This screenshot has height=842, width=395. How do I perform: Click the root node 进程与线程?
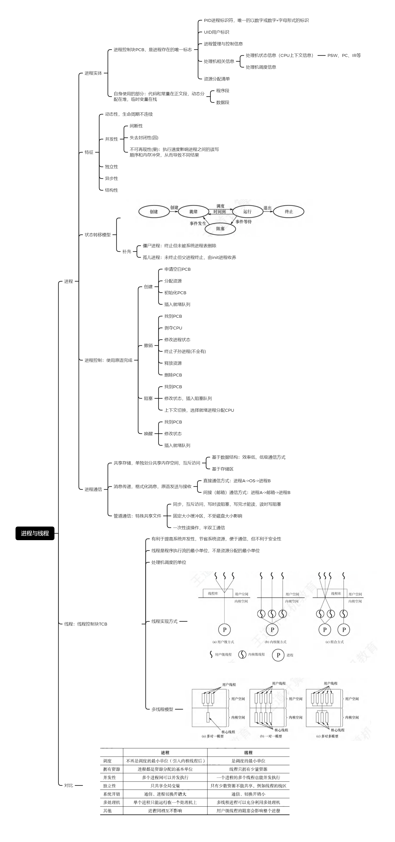(x=35, y=533)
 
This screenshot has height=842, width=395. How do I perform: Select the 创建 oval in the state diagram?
(x=154, y=212)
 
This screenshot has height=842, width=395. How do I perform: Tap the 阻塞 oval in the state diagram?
(x=220, y=228)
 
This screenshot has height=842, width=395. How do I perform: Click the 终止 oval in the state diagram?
(x=289, y=212)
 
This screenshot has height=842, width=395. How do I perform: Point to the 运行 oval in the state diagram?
(x=248, y=212)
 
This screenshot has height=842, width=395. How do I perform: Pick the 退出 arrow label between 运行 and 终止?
(x=267, y=208)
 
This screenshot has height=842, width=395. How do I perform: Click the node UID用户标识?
(x=216, y=32)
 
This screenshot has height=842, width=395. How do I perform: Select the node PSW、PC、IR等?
(x=344, y=56)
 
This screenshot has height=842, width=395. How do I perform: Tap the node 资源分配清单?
(x=217, y=79)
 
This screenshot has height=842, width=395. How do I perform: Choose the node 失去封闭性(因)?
(x=144, y=138)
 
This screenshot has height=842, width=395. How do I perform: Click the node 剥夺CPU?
(x=173, y=328)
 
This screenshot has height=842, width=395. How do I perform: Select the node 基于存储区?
(x=223, y=469)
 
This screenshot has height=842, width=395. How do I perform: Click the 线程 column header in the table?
(x=248, y=753)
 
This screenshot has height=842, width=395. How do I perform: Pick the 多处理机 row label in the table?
(x=112, y=802)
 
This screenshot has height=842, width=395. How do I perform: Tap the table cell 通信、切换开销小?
(x=248, y=794)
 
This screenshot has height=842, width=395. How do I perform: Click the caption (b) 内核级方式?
(x=276, y=642)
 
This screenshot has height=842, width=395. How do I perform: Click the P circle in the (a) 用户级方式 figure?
(x=224, y=629)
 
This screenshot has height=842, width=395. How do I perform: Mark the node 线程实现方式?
(x=164, y=621)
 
